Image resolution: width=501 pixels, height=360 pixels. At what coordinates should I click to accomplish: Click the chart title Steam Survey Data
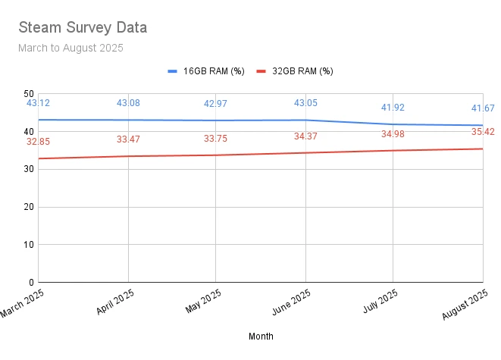coord(82,28)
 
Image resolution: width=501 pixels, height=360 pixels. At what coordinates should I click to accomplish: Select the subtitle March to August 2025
coord(70,48)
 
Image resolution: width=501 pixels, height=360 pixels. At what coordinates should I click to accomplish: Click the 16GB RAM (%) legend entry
coord(206,71)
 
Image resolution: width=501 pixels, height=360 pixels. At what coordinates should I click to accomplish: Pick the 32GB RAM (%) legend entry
coord(295,71)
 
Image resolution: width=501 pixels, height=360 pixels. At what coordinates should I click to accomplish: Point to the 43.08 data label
coord(128,103)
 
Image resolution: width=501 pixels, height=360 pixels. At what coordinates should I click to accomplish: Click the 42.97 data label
coord(215,104)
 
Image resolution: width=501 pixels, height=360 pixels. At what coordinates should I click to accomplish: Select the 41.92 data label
coord(393,108)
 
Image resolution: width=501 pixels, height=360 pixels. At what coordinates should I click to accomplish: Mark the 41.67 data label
coord(482,108)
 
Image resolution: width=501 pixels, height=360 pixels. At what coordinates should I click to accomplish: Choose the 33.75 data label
coord(215,139)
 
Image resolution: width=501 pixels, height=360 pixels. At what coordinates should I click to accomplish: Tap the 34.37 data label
coord(305,136)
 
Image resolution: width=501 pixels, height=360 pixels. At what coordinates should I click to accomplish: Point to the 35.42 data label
coord(482,132)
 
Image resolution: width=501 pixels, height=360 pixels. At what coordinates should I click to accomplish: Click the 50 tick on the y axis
coord(28,93)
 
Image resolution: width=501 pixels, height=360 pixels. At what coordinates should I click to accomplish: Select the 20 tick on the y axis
coord(28,207)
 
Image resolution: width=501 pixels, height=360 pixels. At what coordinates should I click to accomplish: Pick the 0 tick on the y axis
coord(31,283)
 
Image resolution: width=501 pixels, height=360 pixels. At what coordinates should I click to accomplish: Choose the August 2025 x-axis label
coord(466,306)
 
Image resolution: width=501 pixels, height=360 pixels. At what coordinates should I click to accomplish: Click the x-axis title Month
coord(261,336)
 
